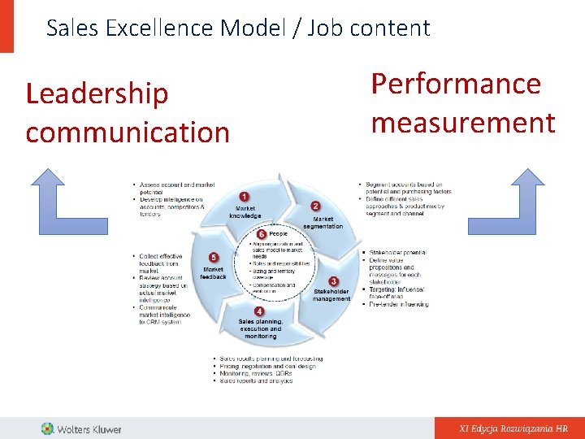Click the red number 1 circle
pyautogui.click(x=244, y=197)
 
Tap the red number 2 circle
pyautogui.click(x=315, y=206)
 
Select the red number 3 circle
pyautogui.click(x=333, y=281)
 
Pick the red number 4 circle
pyautogui.click(x=258, y=311)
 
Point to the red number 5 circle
pyautogui.click(x=213, y=258)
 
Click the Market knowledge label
pyautogui.click(x=245, y=212)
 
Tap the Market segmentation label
pyautogui.click(x=323, y=222)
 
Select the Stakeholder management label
pyautogui.click(x=331, y=294)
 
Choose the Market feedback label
pyautogui.click(x=213, y=272)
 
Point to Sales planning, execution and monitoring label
pyautogui.click(x=260, y=328)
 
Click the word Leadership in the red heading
pyautogui.click(x=97, y=94)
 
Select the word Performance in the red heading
pyautogui.click(x=456, y=85)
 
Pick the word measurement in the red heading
pyautogui.click(x=463, y=124)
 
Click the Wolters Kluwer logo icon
pyautogui.click(x=48, y=428)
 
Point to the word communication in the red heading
pyautogui.click(x=128, y=133)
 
